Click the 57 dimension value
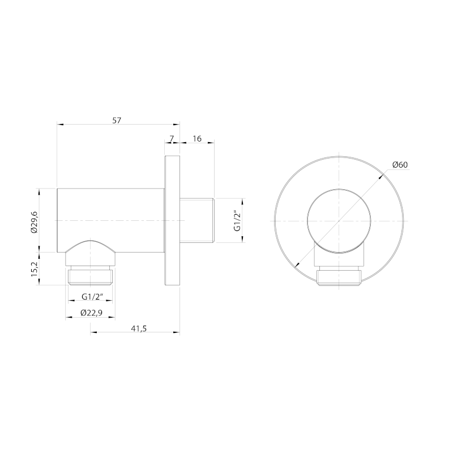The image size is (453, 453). [x=117, y=121]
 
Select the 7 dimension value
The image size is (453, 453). [x=172, y=139]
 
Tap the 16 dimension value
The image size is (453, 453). [x=196, y=139]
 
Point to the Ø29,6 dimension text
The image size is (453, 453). [x=35, y=221]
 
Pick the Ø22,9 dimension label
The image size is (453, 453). [x=91, y=313]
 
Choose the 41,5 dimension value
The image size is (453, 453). [x=139, y=328]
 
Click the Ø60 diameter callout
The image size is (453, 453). [x=400, y=165]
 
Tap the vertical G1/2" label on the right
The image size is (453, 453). [x=237, y=221]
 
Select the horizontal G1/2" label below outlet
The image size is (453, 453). [x=92, y=296]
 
